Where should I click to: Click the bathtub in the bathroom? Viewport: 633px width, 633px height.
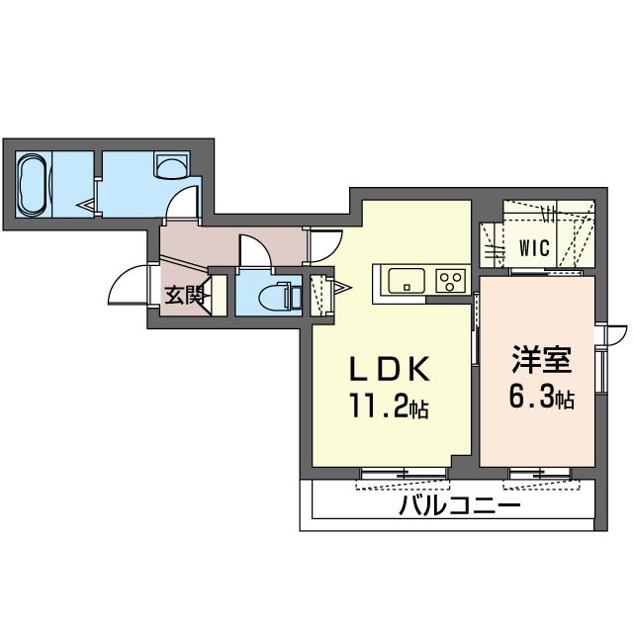[x=33, y=185]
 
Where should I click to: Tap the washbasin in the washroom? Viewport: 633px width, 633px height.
[x=171, y=165]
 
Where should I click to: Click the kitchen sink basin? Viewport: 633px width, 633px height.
[x=407, y=281]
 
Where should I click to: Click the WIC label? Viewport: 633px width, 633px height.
[x=534, y=248]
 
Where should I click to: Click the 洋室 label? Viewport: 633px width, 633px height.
[x=541, y=360]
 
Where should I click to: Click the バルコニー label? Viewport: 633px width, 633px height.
[x=459, y=504]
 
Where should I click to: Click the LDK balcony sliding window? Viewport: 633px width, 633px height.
[x=405, y=473]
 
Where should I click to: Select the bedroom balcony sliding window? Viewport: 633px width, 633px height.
[x=541, y=473]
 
